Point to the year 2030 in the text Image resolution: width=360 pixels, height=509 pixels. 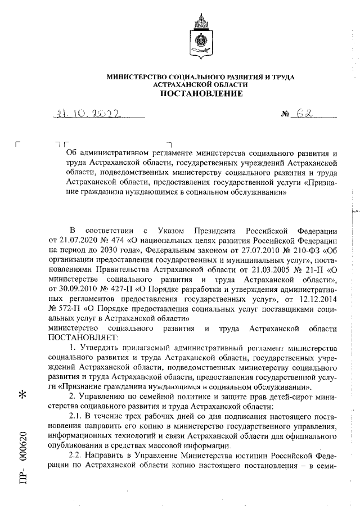coord(110,251)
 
